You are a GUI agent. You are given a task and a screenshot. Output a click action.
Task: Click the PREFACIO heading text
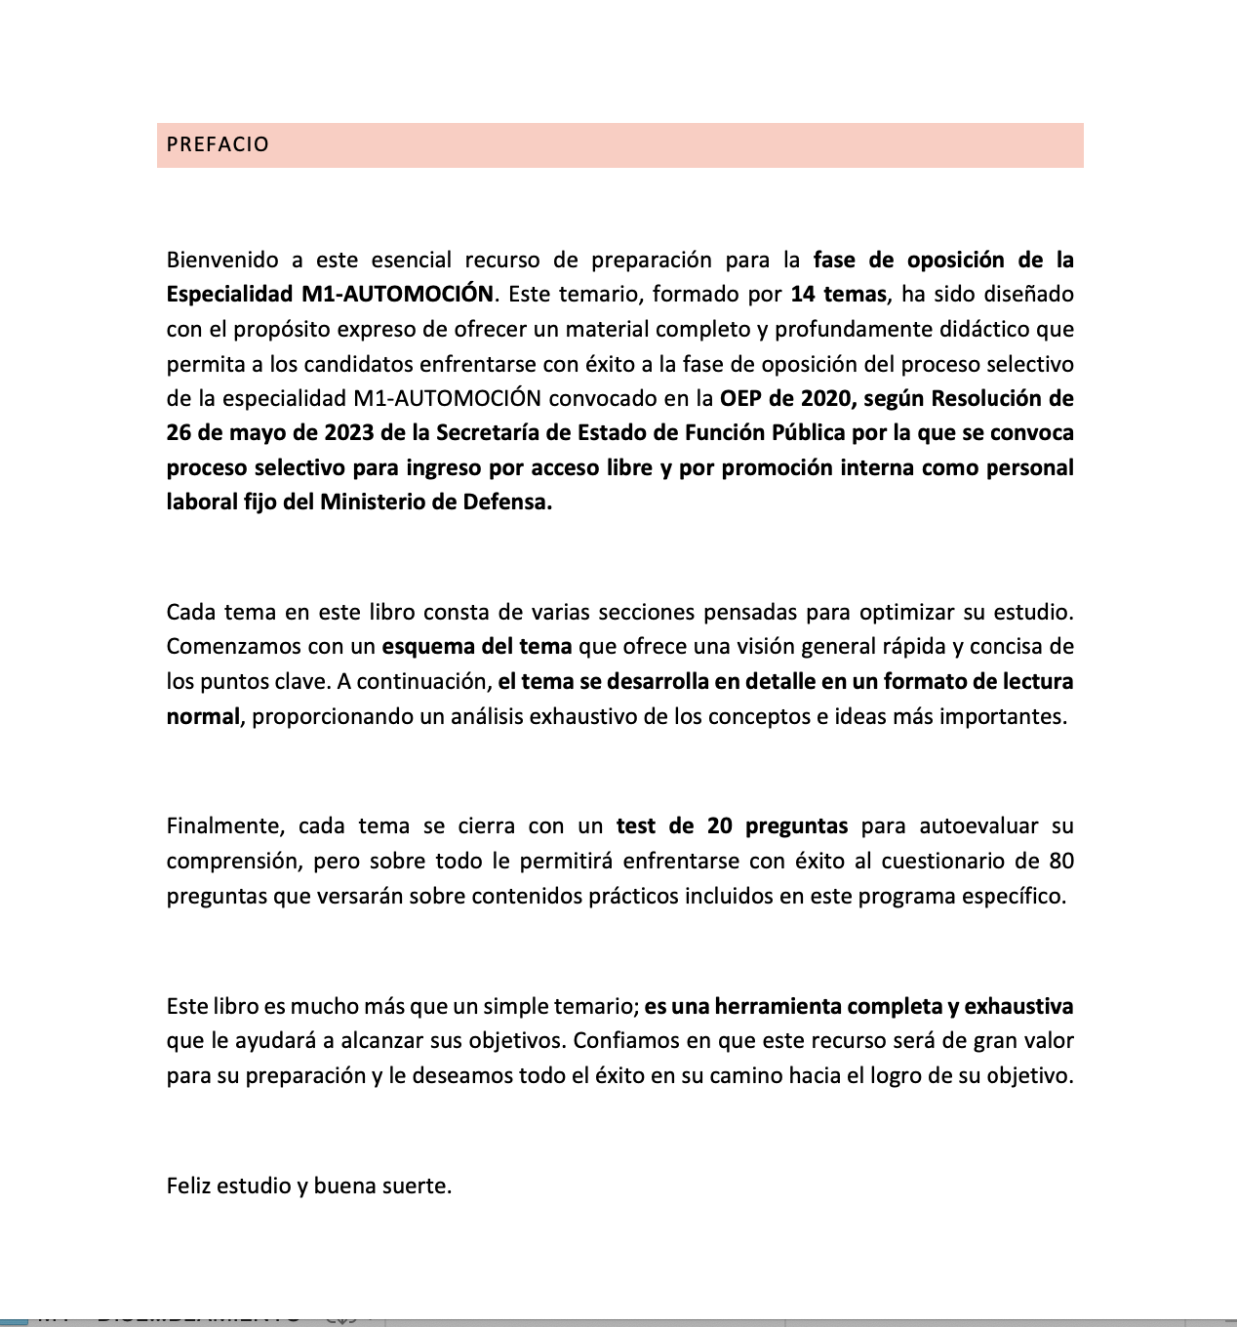218,144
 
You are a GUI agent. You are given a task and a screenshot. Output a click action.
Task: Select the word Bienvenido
221,260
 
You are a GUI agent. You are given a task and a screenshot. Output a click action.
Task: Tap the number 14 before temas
802,295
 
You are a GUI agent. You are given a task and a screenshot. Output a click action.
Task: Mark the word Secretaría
490,432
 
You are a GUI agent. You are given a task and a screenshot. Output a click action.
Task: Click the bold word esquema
425,646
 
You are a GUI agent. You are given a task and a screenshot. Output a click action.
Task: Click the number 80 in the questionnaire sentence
1060,861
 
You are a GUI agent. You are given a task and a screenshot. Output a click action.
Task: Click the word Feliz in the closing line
188,1186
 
